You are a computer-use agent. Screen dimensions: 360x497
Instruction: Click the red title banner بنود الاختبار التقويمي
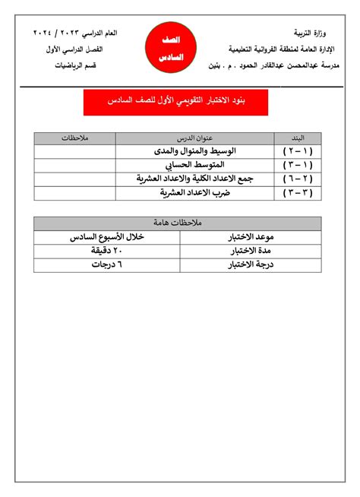pyautogui.click(x=175, y=101)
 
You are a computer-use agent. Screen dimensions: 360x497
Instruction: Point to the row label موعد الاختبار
pyautogui.click(x=251, y=237)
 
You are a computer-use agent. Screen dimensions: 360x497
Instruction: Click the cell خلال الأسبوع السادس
pyautogui.click(x=106, y=237)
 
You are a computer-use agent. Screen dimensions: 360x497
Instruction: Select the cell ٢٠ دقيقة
pyautogui.click(x=106, y=251)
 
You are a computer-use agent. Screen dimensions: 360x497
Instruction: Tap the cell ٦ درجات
pyautogui.click(x=106, y=265)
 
